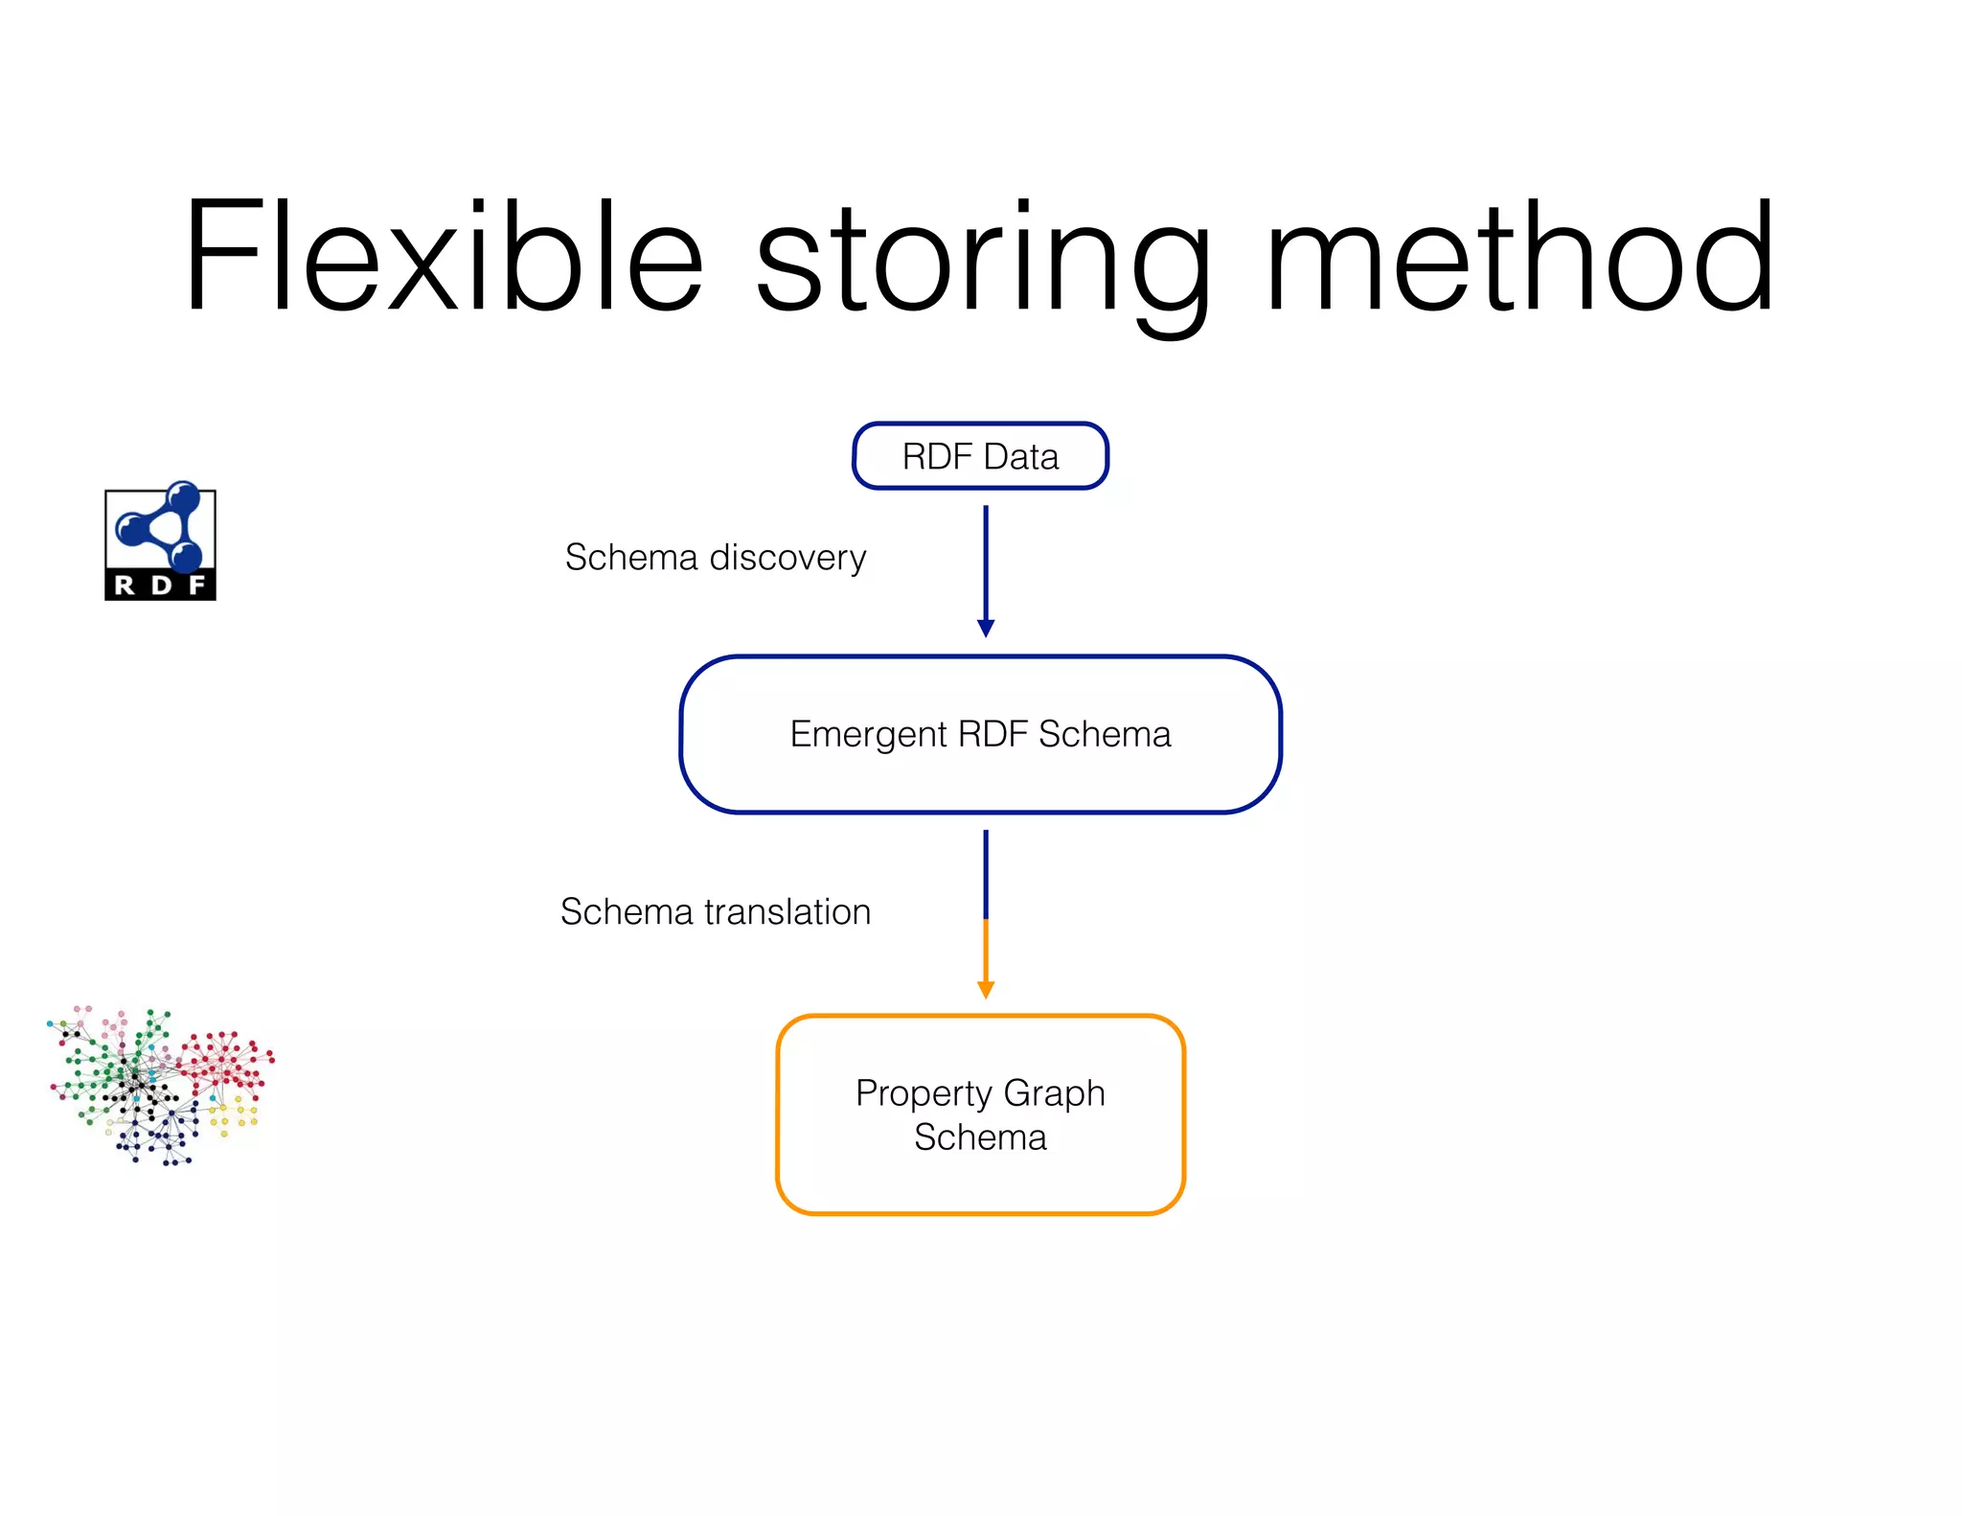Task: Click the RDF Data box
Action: click(x=980, y=456)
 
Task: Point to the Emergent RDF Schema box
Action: click(x=980, y=735)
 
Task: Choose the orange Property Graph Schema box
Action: click(x=980, y=1114)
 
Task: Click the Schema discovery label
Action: click(x=715, y=558)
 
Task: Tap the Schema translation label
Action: click(x=715, y=912)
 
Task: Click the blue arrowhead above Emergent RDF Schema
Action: click(x=985, y=628)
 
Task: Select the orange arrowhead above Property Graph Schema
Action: click(x=985, y=989)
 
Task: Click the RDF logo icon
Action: click(x=160, y=542)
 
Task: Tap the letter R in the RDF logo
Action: click(x=125, y=586)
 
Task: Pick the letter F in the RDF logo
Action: click(x=197, y=586)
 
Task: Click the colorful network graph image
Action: click(x=160, y=1085)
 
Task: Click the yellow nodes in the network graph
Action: click(x=233, y=1115)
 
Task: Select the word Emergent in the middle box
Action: click(x=868, y=735)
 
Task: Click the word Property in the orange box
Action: click(x=924, y=1093)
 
